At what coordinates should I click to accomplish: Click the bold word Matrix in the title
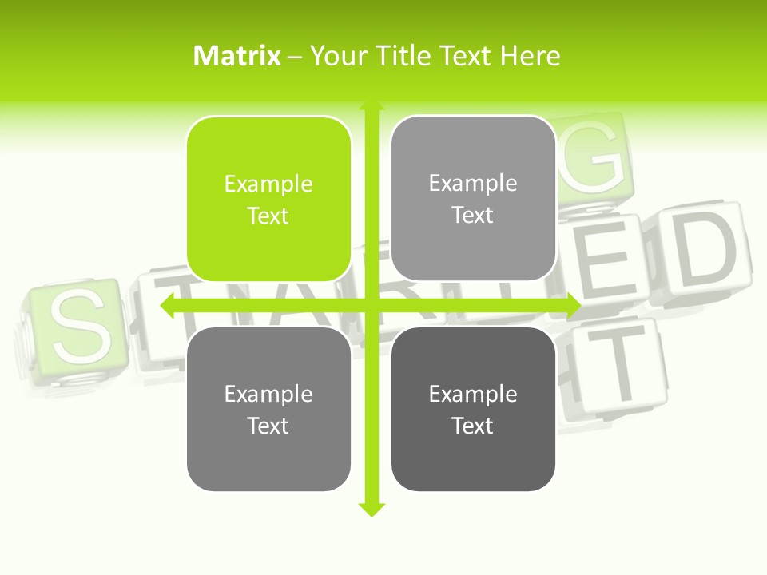click(x=236, y=56)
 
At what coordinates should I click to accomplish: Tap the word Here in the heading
click(x=530, y=56)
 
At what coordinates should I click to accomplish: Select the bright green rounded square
click(x=268, y=199)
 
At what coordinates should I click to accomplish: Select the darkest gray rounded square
click(x=473, y=409)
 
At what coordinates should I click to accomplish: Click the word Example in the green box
click(x=268, y=184)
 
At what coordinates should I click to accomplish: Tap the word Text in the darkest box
click(x=473, y=426)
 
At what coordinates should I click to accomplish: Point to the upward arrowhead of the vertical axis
click(x=371, y=107)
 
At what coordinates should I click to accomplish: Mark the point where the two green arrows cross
click(x=371, y=305)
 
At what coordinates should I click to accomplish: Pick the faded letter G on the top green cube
click(x=594, y=157)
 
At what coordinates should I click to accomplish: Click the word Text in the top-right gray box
click(x=473, y=216)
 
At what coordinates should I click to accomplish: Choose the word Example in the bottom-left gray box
click(x=268, y=394)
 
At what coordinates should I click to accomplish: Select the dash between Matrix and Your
click(x=295, y=57)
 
